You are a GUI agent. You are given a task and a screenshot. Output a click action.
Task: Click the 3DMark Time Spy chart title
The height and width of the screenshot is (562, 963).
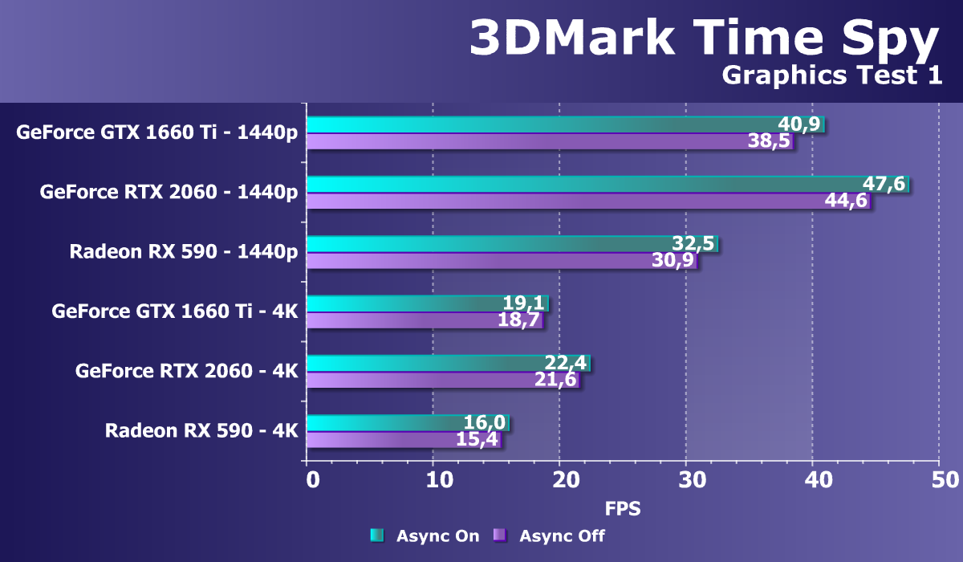[703, 38]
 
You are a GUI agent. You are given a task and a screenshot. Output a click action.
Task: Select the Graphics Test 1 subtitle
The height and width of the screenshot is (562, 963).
[831, 75]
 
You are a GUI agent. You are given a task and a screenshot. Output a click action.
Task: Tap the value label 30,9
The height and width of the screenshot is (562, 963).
[672, 261]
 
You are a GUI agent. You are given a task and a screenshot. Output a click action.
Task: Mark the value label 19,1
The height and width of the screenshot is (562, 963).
[524, 303]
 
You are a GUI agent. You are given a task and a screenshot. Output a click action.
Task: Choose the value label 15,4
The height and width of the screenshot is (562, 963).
[477, 439]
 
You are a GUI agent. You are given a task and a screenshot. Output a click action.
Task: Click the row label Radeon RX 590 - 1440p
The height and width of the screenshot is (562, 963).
[184, 252]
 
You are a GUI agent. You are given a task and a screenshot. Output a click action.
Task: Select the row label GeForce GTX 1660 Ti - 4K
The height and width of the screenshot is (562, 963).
[175, 312]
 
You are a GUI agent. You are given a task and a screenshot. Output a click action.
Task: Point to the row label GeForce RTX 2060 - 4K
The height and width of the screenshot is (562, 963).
[187, 371]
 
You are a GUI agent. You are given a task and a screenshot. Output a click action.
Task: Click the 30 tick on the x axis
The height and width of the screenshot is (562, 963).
[686, 480]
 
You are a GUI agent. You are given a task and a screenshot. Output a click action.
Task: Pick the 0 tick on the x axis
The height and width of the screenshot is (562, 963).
[312, 480]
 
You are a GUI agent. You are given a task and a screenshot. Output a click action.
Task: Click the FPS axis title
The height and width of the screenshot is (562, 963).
[623, 508]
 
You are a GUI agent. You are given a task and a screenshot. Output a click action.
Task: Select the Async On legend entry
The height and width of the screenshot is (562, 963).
[425, 536]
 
